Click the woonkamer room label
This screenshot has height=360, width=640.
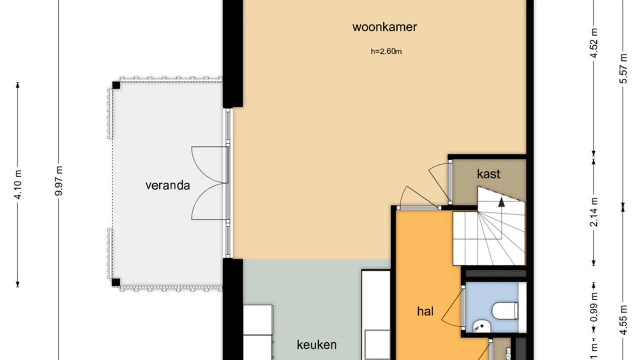tap(384, 27)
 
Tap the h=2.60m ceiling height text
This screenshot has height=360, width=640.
tap(385, 51)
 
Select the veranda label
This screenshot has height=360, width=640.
tap(167, 185)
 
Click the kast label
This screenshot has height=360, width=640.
tap(488, 174)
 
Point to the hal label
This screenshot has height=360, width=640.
tap(425, 311)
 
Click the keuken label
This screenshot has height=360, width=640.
tap(316, 344)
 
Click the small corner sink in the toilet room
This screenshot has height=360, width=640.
tap(480, 326)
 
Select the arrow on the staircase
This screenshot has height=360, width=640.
tap(500, 201)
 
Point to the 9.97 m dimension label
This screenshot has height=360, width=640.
tap(59, 181)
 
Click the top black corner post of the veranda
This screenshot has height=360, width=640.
tap(116, 85)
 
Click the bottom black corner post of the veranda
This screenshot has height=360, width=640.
tap(116, 282)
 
